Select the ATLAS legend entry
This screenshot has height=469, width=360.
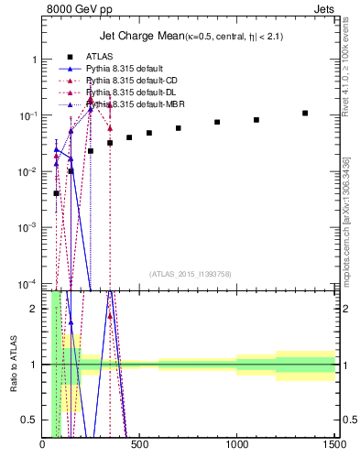(x=99, y=57)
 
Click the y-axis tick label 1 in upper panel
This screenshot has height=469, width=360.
(x=34, y=60)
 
